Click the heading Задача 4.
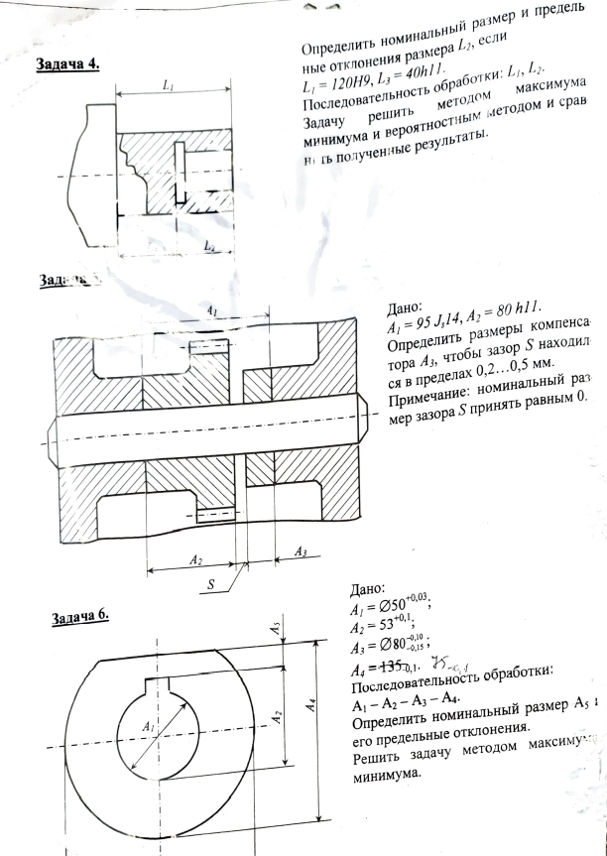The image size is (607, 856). point(67,64)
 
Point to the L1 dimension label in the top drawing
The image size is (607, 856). point(169,87)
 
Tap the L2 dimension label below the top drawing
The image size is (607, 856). point(209,245)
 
